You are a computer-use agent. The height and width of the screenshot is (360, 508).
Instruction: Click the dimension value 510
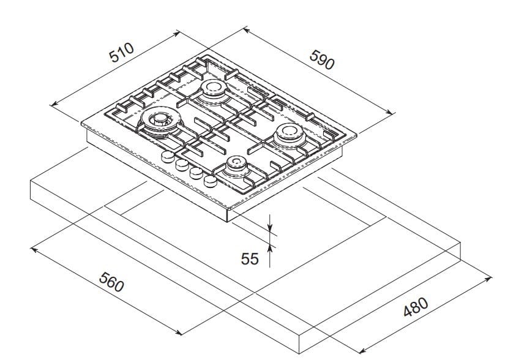tap(121, 53)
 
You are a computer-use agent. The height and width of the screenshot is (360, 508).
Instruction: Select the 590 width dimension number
tap(321, 59)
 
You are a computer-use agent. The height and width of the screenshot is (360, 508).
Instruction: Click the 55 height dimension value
tap(250, 259)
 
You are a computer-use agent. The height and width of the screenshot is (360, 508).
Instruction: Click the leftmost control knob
tap(167, 157)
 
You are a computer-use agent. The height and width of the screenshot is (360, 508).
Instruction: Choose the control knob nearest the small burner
tap(211, 181)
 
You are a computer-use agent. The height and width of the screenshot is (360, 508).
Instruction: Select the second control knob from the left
tap(182, 165)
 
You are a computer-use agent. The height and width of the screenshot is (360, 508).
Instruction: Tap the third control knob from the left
tap(196, 173)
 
